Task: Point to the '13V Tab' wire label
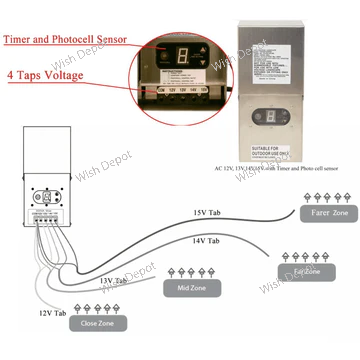[x=112, y=281]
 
